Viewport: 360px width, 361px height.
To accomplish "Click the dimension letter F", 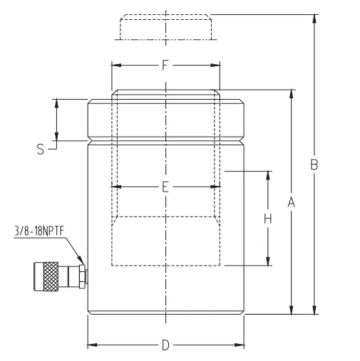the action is pyautogui.click(x=165, y=65).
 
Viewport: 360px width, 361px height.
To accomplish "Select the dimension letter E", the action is pyautogui.click(x=165, y=187).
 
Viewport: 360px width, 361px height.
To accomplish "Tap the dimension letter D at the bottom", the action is pyautogui.click(x=165, y=345).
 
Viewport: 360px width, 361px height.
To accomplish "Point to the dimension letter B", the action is pyautogui.click(x=314, y=164).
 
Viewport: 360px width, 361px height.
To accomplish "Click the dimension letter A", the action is pyautogui.click(x=292, y=202).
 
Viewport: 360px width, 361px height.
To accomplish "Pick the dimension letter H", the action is pyautogui.click(x=268, y=219).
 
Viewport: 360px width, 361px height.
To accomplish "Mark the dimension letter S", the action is pyautogui.click(x=41, y=150).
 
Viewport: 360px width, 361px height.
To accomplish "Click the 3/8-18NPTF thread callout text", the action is pyautogui.click(x=39, y=231).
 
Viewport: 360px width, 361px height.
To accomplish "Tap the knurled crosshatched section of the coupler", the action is pyautogui.click(x=51, y=276).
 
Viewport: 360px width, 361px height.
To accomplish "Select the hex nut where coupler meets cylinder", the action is pyautogui.click(x=82, y=276).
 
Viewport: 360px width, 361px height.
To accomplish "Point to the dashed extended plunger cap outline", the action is pyautogui.click(x=165, y=27).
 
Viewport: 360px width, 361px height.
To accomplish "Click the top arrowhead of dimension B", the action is pyautogui.click(x=314, y=19).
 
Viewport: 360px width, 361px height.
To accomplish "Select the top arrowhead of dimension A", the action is pyautogui.click(x=292, y=94).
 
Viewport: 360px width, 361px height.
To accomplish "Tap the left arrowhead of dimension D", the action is pyautogui.click(x=93, y=345).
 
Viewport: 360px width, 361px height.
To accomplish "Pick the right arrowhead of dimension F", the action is pyautogui.click(x=215, y=65).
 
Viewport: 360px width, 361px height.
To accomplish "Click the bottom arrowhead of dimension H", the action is pyautogui.click(x=268, y=261).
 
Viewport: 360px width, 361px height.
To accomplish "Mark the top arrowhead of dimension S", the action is pyautogui.click(x=56, y=103).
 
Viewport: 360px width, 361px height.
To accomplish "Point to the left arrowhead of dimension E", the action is pyautogui.click(x=116, y=187).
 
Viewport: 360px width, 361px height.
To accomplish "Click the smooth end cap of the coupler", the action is pyautogui.click(x=38, y=276).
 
